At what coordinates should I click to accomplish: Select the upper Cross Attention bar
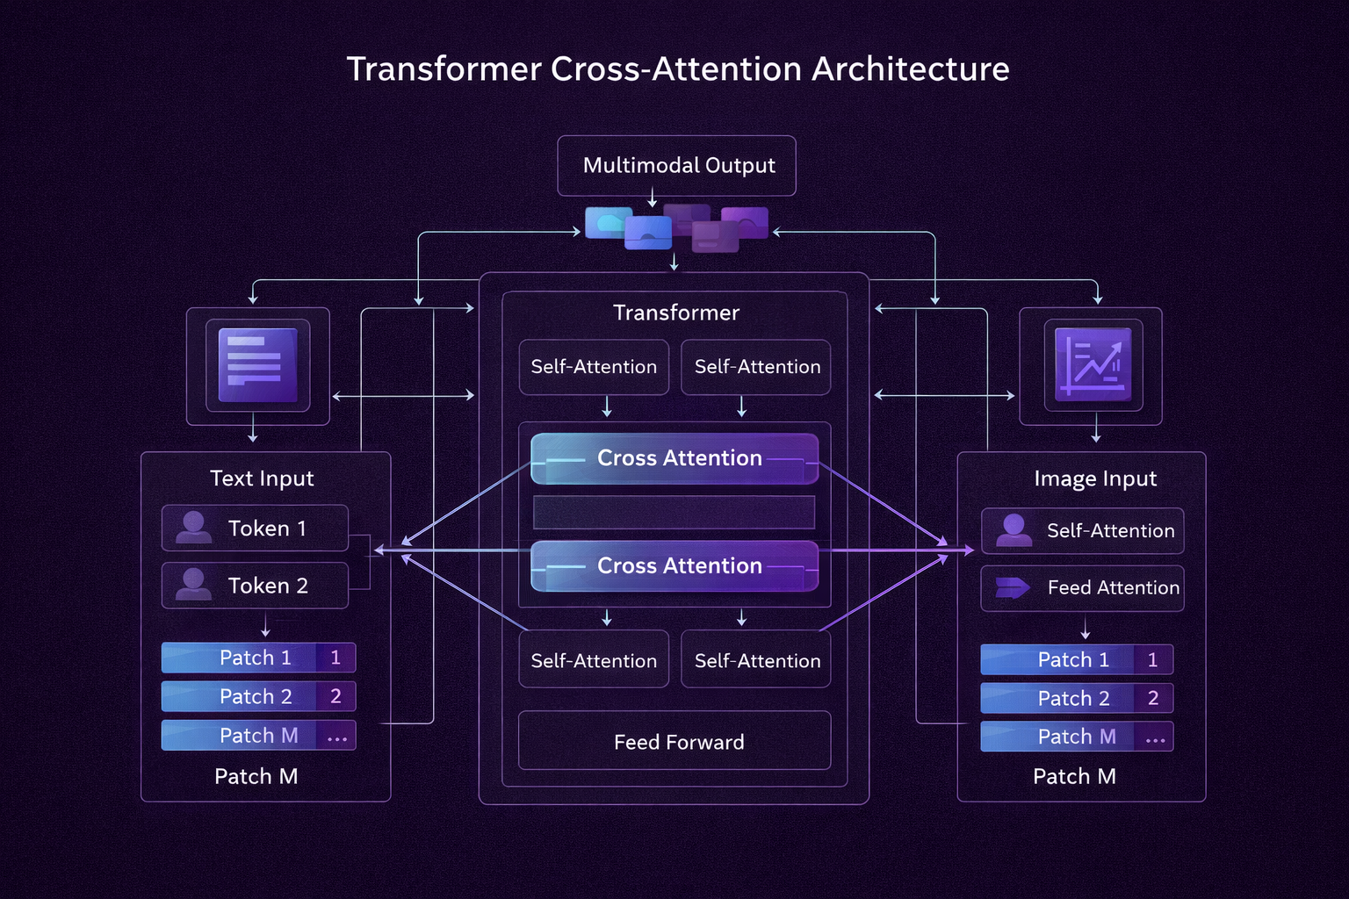click(x=674, y=458)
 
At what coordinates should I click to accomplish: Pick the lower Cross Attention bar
click(x=674, y=566)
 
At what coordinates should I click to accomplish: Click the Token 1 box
click(x=255, y=528)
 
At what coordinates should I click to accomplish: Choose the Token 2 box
click(x=255, y=586)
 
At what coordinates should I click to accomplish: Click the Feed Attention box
click(x=1082, y=587)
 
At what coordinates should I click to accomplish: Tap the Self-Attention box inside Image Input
click(x=1082, y=530)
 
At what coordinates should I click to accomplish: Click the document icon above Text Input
click(x=257, y=365)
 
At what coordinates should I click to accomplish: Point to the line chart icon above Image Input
click(x=1093, y=365)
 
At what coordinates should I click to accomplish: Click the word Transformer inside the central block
click(x=675, y=313)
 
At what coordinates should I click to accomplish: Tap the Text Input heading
click(x=262, y=478)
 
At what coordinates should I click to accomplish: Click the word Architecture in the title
click(x=910, y=69)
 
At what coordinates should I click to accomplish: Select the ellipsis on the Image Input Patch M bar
click(x=1155, y=739)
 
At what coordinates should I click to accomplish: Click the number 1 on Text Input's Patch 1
click(x=335, y=658)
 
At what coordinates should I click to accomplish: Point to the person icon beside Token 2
click(x=193, y=584)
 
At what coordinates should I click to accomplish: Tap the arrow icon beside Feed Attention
click(x=1013, y=587)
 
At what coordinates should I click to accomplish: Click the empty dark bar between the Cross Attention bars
click(x=674, y=512)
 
